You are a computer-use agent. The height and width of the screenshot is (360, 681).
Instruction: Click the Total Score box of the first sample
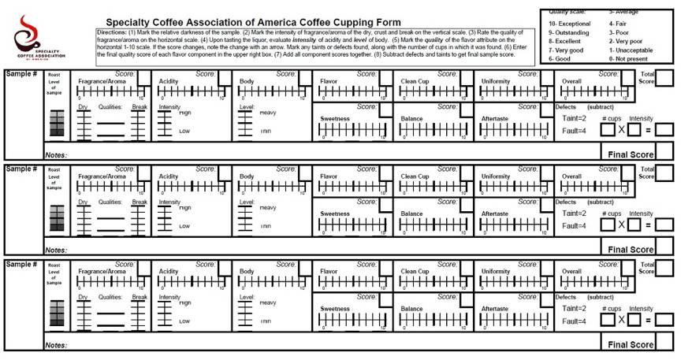[x=665, y=77]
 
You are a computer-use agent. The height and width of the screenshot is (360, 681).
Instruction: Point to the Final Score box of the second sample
[x=665, y=248]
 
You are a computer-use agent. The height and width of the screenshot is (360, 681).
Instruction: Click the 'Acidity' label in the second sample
[x=169, y=176]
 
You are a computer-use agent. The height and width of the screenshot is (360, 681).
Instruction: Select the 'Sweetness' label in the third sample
[x=335, y=309]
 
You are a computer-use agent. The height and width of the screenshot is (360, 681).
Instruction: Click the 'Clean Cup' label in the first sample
[x=415, y=81]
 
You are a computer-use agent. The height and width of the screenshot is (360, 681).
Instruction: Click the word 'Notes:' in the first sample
[x=56, y=155]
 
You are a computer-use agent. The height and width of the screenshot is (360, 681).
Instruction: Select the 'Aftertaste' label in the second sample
[x=496, y=213]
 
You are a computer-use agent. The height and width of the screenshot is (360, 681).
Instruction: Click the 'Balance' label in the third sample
[x=412, y=309]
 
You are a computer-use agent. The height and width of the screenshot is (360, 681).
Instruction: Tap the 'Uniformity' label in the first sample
[x=496, y=81]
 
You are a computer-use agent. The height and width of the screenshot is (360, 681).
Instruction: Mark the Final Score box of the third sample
[x=665, y=343]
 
